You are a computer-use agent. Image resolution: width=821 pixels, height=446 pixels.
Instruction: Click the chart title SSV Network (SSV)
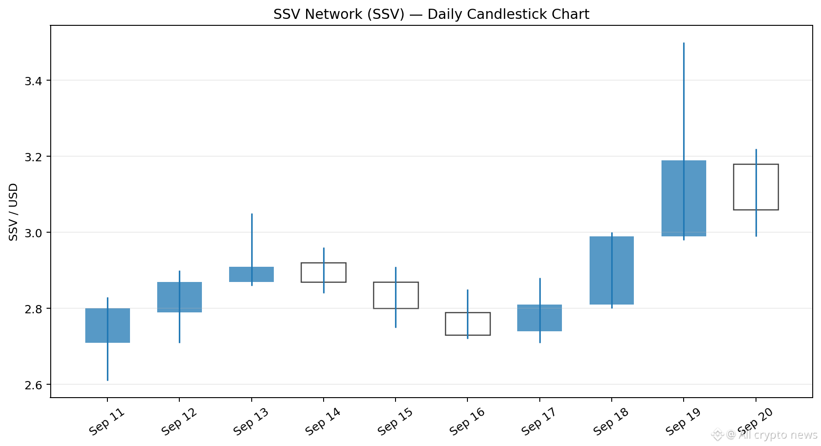pyautogui.click(x=339, y=14)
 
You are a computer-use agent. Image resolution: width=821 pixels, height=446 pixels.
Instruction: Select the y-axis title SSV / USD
pyautogui.click(x=13, y=212)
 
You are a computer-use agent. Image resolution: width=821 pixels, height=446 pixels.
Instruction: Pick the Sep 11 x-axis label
pyautogui.click(x=107, y=422)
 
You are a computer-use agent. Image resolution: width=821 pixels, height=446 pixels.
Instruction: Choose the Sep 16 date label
pyautogui.click(x=467, y=422)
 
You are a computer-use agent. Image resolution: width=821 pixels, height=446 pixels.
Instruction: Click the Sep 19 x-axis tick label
pyautogui.click(x=683, y=422)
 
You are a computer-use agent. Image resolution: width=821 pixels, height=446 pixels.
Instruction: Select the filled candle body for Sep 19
pyautogui.click(x=684, y=198)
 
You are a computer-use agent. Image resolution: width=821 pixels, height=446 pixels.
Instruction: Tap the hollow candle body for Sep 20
pyautogui.click(x=734, y=187)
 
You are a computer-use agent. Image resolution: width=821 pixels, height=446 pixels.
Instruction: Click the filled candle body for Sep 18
pyautogui.click(x=612, y=270)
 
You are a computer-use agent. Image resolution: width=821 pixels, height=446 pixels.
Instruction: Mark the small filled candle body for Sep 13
pyautogui.click(x=252, y=274)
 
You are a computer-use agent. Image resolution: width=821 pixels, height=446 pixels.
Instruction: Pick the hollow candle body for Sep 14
pyautogui.click(x=302, y=272)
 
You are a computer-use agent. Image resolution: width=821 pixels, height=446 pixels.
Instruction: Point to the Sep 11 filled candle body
pyautogui.click(x=107, y=325)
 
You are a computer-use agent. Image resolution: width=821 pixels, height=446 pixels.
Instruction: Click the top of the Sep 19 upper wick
pyautogui.click(x=684, y=43)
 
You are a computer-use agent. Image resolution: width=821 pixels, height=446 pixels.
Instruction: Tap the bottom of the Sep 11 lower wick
pyautogui.click(x=107, y=381)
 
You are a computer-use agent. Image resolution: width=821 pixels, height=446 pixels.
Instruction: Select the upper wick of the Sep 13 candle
pyautogui.click(x=252, y=240)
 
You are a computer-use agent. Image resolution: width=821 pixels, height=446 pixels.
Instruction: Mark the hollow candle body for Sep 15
pyautogui.click(x=374, y=295)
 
